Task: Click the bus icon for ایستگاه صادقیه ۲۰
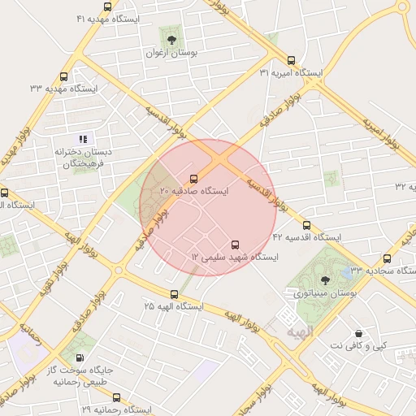(193, 179)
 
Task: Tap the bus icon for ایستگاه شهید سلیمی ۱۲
(236, 245)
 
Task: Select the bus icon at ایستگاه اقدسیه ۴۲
(306, 225)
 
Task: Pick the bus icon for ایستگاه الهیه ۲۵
(175, 294)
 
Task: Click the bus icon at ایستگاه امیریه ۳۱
(292, 60)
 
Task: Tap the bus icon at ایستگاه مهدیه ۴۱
(108, 6)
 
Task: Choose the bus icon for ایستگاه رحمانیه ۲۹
(116, 398)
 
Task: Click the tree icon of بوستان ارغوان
(171, 38)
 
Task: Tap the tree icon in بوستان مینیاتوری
(326, 279)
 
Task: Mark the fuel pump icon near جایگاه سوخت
(79, 358)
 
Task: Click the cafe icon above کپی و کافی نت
(359, 333)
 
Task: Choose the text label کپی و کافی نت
(358, 345)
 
